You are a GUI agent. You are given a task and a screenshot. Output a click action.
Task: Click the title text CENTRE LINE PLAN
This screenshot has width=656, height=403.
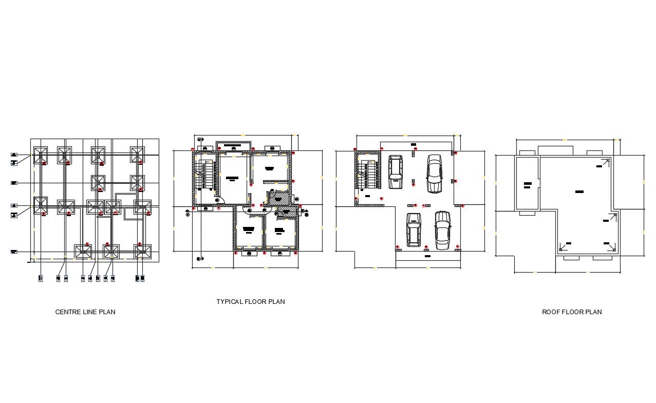click(85, 312)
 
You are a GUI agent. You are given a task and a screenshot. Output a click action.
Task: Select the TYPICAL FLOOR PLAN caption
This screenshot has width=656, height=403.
click(250, 301)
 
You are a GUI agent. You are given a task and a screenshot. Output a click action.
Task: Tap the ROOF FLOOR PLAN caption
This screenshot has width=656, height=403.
click(572, 312)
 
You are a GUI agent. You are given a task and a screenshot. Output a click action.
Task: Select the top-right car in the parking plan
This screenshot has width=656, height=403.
click(434, 174)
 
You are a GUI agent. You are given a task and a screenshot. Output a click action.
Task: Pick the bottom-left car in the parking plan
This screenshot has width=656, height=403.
click(414, 229)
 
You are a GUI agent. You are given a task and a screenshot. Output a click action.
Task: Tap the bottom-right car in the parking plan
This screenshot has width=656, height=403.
click(442, 230)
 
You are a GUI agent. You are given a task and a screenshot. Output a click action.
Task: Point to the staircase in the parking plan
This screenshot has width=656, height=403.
click(367, 175)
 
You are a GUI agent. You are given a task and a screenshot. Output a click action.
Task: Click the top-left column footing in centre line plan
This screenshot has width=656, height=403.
click(41, 155)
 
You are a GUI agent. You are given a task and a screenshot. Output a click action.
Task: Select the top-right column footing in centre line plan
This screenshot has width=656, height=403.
click(138, 155)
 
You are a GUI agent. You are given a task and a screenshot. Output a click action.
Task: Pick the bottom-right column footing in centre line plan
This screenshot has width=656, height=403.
click(142, 252)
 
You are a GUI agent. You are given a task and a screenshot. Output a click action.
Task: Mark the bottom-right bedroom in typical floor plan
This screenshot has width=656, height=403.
click(280, 232)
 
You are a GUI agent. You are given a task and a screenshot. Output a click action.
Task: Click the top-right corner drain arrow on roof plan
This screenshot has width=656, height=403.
click(606, 162)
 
